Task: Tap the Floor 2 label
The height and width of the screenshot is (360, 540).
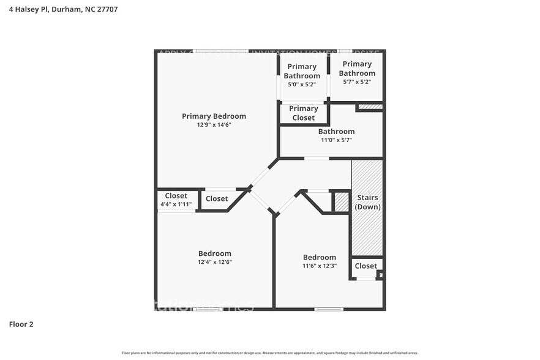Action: [21, 324]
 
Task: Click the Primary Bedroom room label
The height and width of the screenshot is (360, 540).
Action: [214, 116]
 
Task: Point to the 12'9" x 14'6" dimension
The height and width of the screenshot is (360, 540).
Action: [214, 125]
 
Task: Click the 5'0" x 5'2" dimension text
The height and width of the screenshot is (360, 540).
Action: [302, 84]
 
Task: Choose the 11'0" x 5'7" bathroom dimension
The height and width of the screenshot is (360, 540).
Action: [336, 140]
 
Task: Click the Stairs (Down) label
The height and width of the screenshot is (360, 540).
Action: [367, 202]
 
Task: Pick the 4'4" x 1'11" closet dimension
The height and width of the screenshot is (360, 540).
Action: [176, 204]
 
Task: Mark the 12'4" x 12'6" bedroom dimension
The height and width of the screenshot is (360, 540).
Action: [214, 262]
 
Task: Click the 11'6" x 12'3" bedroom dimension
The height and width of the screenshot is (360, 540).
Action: [319, 266]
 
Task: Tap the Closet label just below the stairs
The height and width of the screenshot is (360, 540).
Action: [366, 266]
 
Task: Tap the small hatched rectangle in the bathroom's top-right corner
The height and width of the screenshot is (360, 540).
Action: [370, 107]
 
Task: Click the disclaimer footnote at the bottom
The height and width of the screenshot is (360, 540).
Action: [269, 353]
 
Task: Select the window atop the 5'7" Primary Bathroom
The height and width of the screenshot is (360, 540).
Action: [345, 51]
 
